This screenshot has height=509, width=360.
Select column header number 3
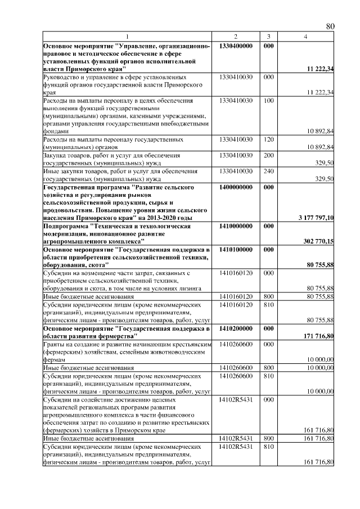(268, 37)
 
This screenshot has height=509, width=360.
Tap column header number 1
(127, 37)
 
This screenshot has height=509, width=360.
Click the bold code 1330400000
(236, 45)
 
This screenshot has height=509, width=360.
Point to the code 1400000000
(236, 186)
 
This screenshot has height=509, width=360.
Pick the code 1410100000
(236, 249)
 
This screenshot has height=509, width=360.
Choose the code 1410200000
(236, 328)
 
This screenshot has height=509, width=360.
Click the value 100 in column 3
(268, 101)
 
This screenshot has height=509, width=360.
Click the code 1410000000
(236, 226)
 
